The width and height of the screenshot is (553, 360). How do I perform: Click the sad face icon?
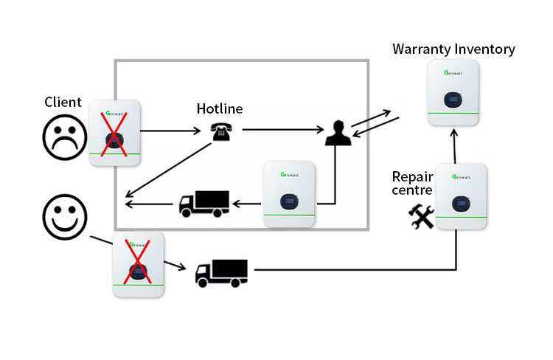point(65,137)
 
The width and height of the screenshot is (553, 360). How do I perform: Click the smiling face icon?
point(65,217)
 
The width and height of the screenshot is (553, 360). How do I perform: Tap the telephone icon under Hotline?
point(221,131)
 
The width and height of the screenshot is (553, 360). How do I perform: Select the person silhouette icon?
point(338,133)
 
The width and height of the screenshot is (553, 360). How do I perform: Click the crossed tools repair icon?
point(421,216)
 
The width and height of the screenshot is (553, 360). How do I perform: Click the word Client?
point(63,102)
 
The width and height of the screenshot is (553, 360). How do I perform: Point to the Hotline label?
point(220,108)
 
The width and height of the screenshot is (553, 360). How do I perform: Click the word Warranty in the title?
point(421,49)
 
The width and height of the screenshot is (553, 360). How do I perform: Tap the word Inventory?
point(484,49)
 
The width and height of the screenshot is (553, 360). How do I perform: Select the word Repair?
point(412,176)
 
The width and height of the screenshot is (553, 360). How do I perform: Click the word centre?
point(412,190)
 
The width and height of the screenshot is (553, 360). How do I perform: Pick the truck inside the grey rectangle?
point(204,204)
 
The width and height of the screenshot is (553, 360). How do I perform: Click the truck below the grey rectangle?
point(221,273)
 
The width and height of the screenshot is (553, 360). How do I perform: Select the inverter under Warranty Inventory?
point(453,92)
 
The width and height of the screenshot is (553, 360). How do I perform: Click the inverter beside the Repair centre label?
point(461,196)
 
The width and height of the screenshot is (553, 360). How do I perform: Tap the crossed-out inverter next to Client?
point(114,133)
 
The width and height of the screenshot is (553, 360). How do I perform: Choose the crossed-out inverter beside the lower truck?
point(139,264)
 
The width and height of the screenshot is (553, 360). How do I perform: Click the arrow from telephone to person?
point(283,130)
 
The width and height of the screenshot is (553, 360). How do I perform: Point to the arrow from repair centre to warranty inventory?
point(454,146)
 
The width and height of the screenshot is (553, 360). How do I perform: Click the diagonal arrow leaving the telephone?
point(168,170)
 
